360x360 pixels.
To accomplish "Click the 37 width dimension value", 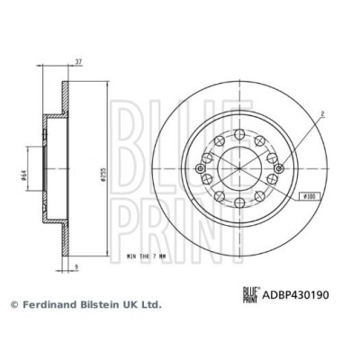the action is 78,62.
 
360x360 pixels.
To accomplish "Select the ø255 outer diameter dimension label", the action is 103,176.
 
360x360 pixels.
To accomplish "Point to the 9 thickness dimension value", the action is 76,266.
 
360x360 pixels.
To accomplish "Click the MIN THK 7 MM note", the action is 146,256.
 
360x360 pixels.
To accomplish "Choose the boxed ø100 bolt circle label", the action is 310,196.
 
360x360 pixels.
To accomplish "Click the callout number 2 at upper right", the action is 322,113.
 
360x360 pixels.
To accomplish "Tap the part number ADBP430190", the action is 296,294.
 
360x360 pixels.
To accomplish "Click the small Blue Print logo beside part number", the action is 250,295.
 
